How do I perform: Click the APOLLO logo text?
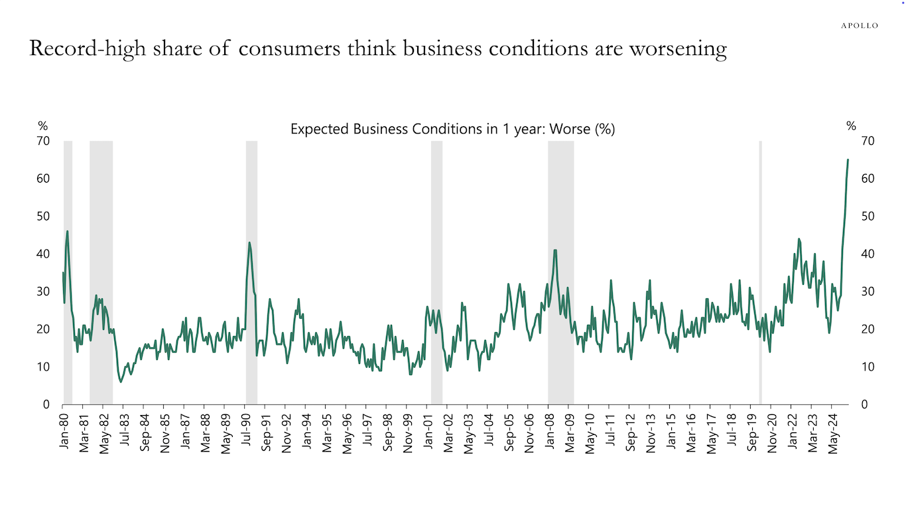[x=859, y=25]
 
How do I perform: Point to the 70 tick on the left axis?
[x=43, y=141]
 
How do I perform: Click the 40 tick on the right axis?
[x=866, y=254]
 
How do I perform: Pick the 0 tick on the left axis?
[x=46, y=404]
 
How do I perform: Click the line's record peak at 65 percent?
[x=848, y=159]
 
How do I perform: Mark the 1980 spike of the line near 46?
[x=68, y=231]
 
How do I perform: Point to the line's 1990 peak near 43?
[x=249, y=242]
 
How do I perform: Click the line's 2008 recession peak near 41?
[x=555, y=250]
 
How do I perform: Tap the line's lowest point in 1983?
[x=121, y=382]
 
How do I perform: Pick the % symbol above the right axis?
[x=851, y=126]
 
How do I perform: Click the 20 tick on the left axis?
[x=43, y=329]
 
